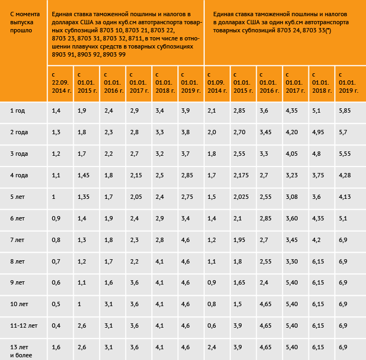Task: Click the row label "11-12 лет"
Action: pos(24,326)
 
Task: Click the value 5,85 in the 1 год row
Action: pos(345,110)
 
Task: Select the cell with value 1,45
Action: pos(84,175)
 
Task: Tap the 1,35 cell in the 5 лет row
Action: pos(84,197)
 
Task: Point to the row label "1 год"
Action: pos(18,110)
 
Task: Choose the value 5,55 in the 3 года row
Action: pos(345,154)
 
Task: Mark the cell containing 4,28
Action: pos(345,175)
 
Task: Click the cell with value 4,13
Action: pos(345,197)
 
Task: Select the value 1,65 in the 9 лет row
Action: pos(239,283)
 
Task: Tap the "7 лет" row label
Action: pos(18,240)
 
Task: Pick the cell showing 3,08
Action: pos(292,197)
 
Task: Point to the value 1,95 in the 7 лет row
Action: pos(239,240)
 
